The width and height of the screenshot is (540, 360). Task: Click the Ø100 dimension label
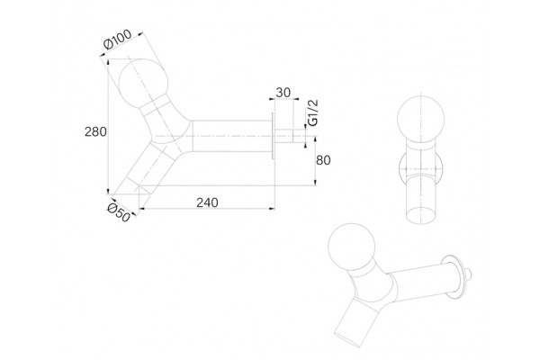click(x=117, y=40)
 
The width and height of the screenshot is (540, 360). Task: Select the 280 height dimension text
click(x=95, y=132)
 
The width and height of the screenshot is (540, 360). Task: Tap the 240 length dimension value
click(x=207, y=202)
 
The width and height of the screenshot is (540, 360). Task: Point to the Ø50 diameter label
click(x=119, y=213)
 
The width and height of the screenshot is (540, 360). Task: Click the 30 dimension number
click(x=283, y=93)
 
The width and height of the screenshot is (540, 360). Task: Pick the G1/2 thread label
click(x=312, y=112)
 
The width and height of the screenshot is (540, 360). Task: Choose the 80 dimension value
click(x=323, y=160)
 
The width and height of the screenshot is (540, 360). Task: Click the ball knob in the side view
click(x=143, y=84)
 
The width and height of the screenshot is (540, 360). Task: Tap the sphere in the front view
click(x=420, y=119)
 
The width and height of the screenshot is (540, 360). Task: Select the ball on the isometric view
click(x=351, y=246)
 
